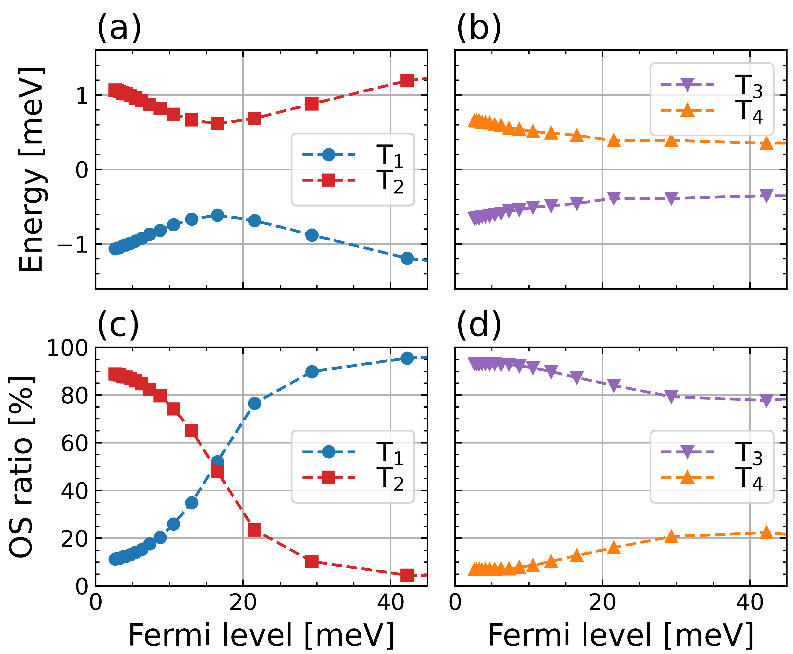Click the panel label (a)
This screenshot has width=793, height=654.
[x=119, y=28]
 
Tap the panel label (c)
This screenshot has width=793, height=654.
[x=118, y=325]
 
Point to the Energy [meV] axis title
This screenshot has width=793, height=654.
[x=32, y=170]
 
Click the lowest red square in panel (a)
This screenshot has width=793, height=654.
[x=217, y=123]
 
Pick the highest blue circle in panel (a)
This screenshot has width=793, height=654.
[x=217, y=215]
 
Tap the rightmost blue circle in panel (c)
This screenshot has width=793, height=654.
[x=407, y=358]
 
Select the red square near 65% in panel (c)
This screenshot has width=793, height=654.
[x=192, y=431]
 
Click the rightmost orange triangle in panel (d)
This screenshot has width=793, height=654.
[x=766, y=533]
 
